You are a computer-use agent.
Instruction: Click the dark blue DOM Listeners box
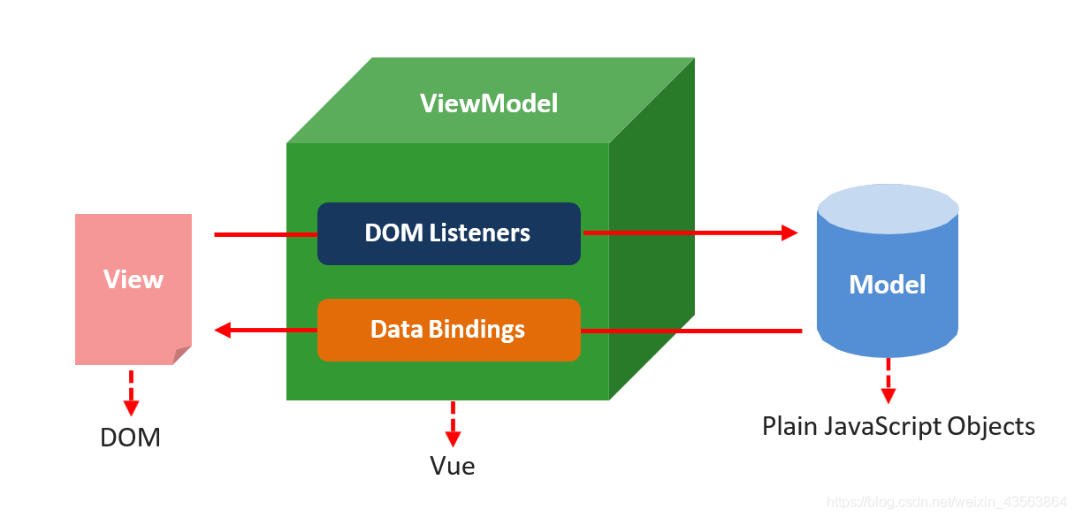(449, 233)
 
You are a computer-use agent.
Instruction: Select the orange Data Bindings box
(449, 330)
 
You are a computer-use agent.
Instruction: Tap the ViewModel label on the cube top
(489, 103)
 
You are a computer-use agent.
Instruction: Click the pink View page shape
(133, 289)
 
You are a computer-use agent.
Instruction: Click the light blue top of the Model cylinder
(888, 209)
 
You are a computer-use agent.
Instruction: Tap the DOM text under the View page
(130, 438)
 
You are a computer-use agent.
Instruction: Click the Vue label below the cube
(452, 466)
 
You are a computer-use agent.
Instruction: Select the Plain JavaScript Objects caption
(898, 426)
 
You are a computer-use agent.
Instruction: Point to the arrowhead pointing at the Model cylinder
(789, 232)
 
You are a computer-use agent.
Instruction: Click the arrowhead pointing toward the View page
(223, 330)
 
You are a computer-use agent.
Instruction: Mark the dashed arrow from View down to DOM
(131, 392)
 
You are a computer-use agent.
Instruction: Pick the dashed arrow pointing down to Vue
(453, 424)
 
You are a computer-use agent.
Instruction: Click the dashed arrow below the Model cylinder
(888, 381)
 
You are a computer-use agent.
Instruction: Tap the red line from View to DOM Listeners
(265, 235)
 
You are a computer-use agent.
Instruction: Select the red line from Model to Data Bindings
(691, 331)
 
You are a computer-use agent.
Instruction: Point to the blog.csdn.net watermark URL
(946, 502)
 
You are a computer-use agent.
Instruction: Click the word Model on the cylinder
(888, 285)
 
